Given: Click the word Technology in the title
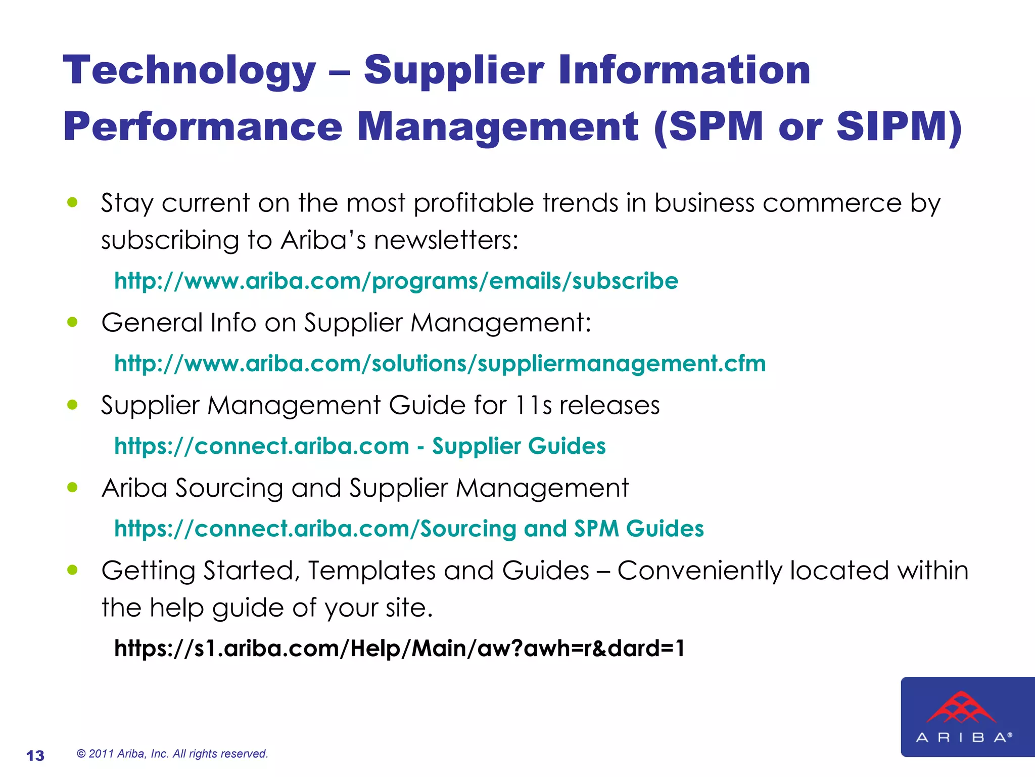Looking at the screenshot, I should [x=189, y=71].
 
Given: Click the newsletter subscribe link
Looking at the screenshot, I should [x=396, y=281].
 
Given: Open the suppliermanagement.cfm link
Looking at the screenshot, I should [x=440, y=364].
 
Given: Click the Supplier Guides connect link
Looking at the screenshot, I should [x=360, y=446].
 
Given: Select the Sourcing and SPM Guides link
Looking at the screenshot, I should [x=409, y=529].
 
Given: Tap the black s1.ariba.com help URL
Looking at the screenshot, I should [x=399, y=649].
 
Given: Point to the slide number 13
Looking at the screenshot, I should [x=35, y=756].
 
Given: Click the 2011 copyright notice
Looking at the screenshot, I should [x=172, y=754].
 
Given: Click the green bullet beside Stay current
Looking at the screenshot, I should [x=73, y=203].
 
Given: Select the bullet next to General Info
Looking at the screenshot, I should [x=73, y=322].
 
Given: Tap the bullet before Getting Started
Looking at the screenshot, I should [x=73, y=570].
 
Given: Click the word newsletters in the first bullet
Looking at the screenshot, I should [x=446, y=240].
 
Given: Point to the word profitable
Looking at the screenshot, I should [x=473, y=203].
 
